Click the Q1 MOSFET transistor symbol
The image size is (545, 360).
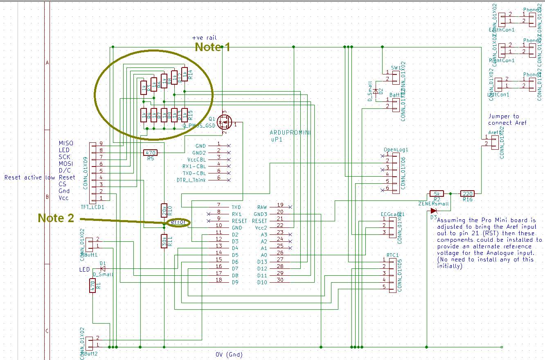pos(224,122)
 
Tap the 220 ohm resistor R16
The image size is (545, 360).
pos(467,193)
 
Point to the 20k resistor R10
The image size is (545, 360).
pos(164,210)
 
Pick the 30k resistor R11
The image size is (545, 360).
pos(164,241)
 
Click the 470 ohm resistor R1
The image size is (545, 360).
pos(93,286)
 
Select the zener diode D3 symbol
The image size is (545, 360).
pos(433,211)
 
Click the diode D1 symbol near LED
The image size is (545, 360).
pos(103,269)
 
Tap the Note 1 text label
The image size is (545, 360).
pos(212,47)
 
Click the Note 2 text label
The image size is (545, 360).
pos(56,218)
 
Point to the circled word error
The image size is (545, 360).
pos(178,222)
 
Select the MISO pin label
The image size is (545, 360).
pos(66,143)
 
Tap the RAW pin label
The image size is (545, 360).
pos(262,207)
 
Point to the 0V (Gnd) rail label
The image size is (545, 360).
pos(229,354)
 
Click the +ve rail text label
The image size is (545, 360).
pos(204,38)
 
